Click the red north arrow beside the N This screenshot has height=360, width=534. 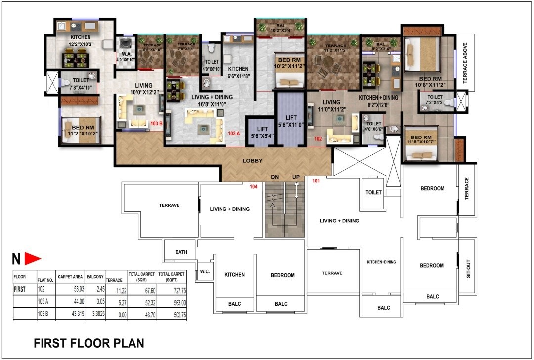click(33, 258)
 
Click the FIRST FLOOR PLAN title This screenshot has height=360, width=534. click(89, 343)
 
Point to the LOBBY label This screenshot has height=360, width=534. click(252, 161)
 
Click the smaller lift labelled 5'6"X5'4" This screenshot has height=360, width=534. click(259, 132)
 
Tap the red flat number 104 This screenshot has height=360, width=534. click(254, 187)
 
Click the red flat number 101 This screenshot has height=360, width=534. click(317, 181)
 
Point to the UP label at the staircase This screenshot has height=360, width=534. click(296, 177)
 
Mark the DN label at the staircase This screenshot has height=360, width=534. click(275, 177)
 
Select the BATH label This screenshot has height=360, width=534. click(181, 252)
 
